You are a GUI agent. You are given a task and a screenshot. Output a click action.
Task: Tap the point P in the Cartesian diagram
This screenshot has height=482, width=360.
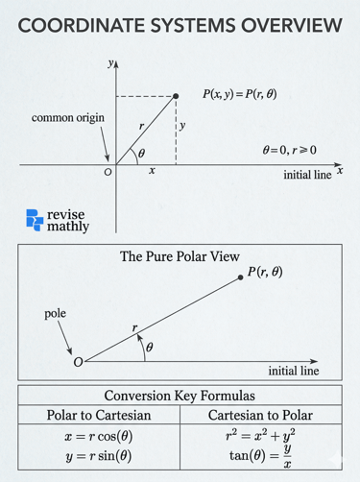click(177, 96)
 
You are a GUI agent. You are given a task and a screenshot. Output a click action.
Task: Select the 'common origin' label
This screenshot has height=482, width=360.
click(68, 118)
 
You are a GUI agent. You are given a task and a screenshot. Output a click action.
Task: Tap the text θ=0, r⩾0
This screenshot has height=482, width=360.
click(288, 151)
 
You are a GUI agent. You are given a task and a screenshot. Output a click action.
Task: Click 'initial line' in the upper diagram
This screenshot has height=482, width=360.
click(307, 177)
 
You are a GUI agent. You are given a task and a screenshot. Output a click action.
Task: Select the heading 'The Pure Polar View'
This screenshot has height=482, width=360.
click(179, 257)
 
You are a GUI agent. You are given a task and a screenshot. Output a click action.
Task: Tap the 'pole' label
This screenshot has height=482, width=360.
click(55, 314)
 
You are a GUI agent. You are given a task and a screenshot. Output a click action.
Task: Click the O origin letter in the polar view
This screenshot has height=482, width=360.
click(78, 362)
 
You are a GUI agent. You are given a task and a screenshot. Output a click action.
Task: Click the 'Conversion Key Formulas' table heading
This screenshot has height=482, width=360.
click(179, 397)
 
